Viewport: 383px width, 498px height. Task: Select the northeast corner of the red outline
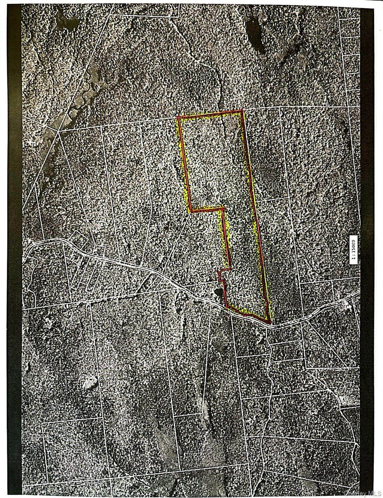(x=243, y=111)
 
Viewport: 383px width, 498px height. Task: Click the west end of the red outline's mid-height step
(x=191, y=211)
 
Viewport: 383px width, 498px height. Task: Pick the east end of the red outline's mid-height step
(x=223, y=208)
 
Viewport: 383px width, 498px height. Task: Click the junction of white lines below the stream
(x=58, y=131)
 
